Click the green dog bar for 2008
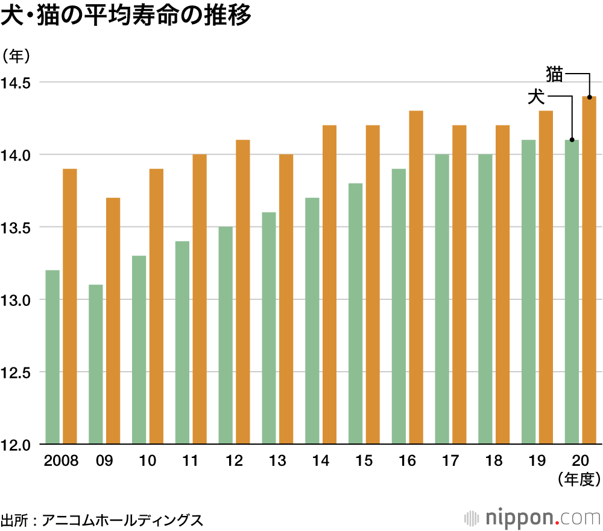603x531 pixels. pos(52,357)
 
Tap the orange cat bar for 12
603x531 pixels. pos(243,292)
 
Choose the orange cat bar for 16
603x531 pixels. pos(416,278)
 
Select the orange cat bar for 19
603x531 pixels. pos(546,278)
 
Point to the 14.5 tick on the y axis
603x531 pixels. pos(18,83)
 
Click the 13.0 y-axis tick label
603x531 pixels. pos(18,300)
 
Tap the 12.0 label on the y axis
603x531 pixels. pos(18,445)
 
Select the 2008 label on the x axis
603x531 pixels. pos(62,461)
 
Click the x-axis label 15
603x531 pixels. pos(364,461)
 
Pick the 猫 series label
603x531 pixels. pos(554,74)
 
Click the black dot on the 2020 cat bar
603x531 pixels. pos(589,97)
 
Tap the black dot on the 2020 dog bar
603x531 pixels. pos(572,140)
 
